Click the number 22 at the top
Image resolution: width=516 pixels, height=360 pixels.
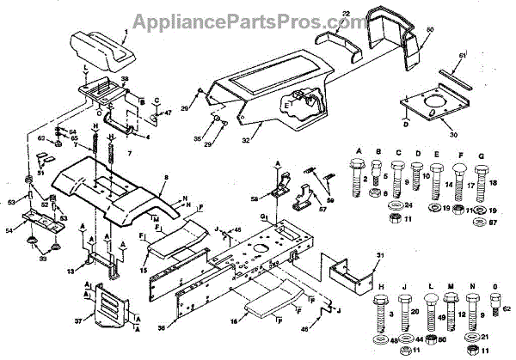[x=344, y=15]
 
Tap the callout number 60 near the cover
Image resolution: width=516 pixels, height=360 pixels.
[x=429, y=31]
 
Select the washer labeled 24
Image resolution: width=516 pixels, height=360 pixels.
[x=408, y=206]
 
